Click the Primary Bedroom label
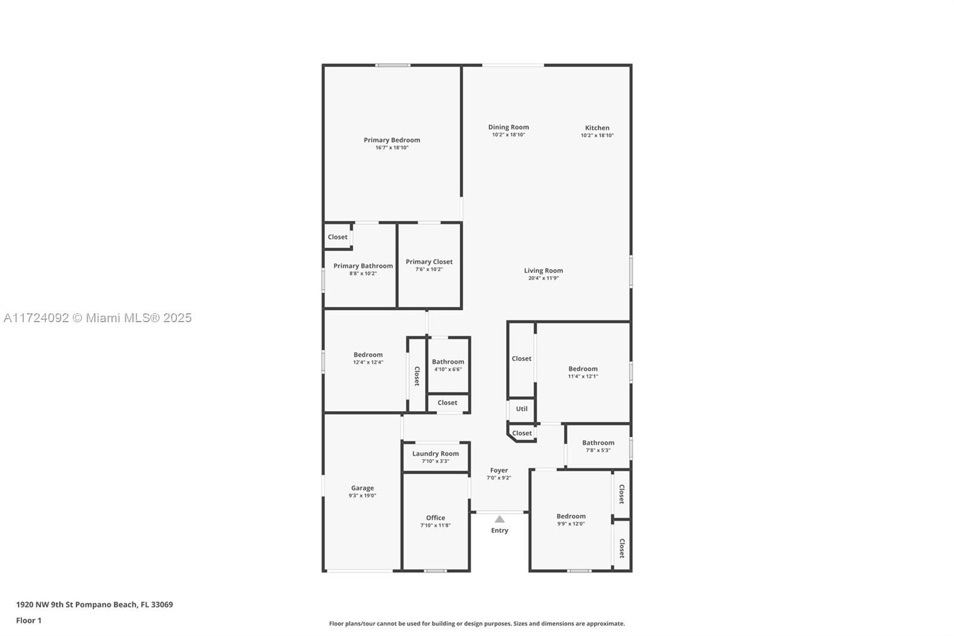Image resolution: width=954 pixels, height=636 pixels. [x=392, y=140]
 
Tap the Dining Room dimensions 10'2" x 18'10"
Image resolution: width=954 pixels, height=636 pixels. [x=509, y=135]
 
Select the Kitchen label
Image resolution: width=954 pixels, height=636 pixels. [x=597, y=128]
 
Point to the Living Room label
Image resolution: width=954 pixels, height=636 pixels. [x=543, y=270]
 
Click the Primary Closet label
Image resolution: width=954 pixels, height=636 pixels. [x=429, y=261]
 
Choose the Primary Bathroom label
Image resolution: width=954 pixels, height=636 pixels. [x=363, y=265]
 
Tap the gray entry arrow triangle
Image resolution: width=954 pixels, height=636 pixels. [x=500, y=519]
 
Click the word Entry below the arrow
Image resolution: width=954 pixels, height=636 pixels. [x=500, y=530]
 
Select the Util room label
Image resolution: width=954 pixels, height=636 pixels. [x=522, y=408]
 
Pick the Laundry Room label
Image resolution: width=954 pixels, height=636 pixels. [x=435, y=453]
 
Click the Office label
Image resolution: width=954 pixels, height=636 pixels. [x=435, y=517]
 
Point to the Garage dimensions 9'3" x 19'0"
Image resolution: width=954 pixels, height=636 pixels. [x=363, y=496]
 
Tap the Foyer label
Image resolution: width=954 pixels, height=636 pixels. [x=498, y=470]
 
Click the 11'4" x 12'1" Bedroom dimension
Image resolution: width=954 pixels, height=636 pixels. [x=583, y=376]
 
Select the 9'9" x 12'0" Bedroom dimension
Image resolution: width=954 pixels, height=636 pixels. [x=571, y=524]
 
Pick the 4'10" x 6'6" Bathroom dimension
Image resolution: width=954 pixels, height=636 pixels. [x=448, y=369]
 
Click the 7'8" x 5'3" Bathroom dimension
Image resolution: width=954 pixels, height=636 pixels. [x=599, y=450]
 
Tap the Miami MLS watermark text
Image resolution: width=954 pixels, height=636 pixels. [x=98, y=318]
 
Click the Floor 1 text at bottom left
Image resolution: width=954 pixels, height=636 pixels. [x=29, y=620]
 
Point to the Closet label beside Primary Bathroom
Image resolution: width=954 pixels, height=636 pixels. [x=337, y=237]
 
